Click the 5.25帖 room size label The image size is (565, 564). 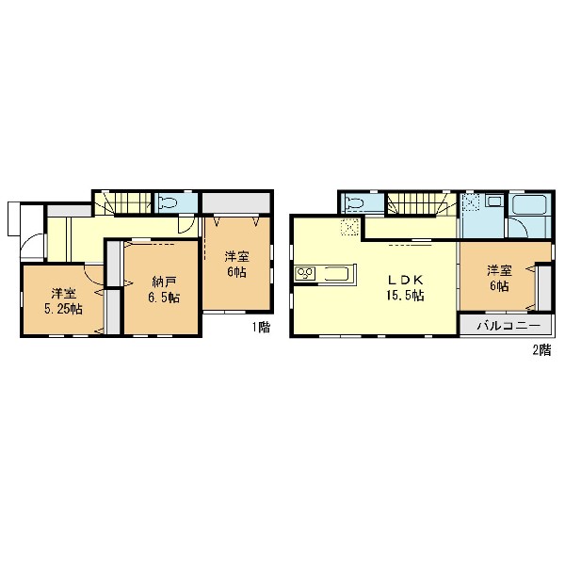(63, 309)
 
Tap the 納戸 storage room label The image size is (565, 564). (163, 282)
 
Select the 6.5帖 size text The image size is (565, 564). (164, 298)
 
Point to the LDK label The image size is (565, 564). (405, 280)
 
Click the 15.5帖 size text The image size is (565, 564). (405, 296)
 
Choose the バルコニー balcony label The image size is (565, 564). (509, 326)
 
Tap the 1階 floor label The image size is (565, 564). (261, 328)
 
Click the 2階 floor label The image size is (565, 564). (542, 350)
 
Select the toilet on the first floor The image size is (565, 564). (169, 202)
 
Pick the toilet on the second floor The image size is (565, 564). (354, 203)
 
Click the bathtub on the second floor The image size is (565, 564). (530, 205)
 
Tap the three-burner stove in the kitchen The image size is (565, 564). (305, 274)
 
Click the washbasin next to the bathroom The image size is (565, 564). (494, 201)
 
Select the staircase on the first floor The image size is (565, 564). (122, 203)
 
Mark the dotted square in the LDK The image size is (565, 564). (350, 227)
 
